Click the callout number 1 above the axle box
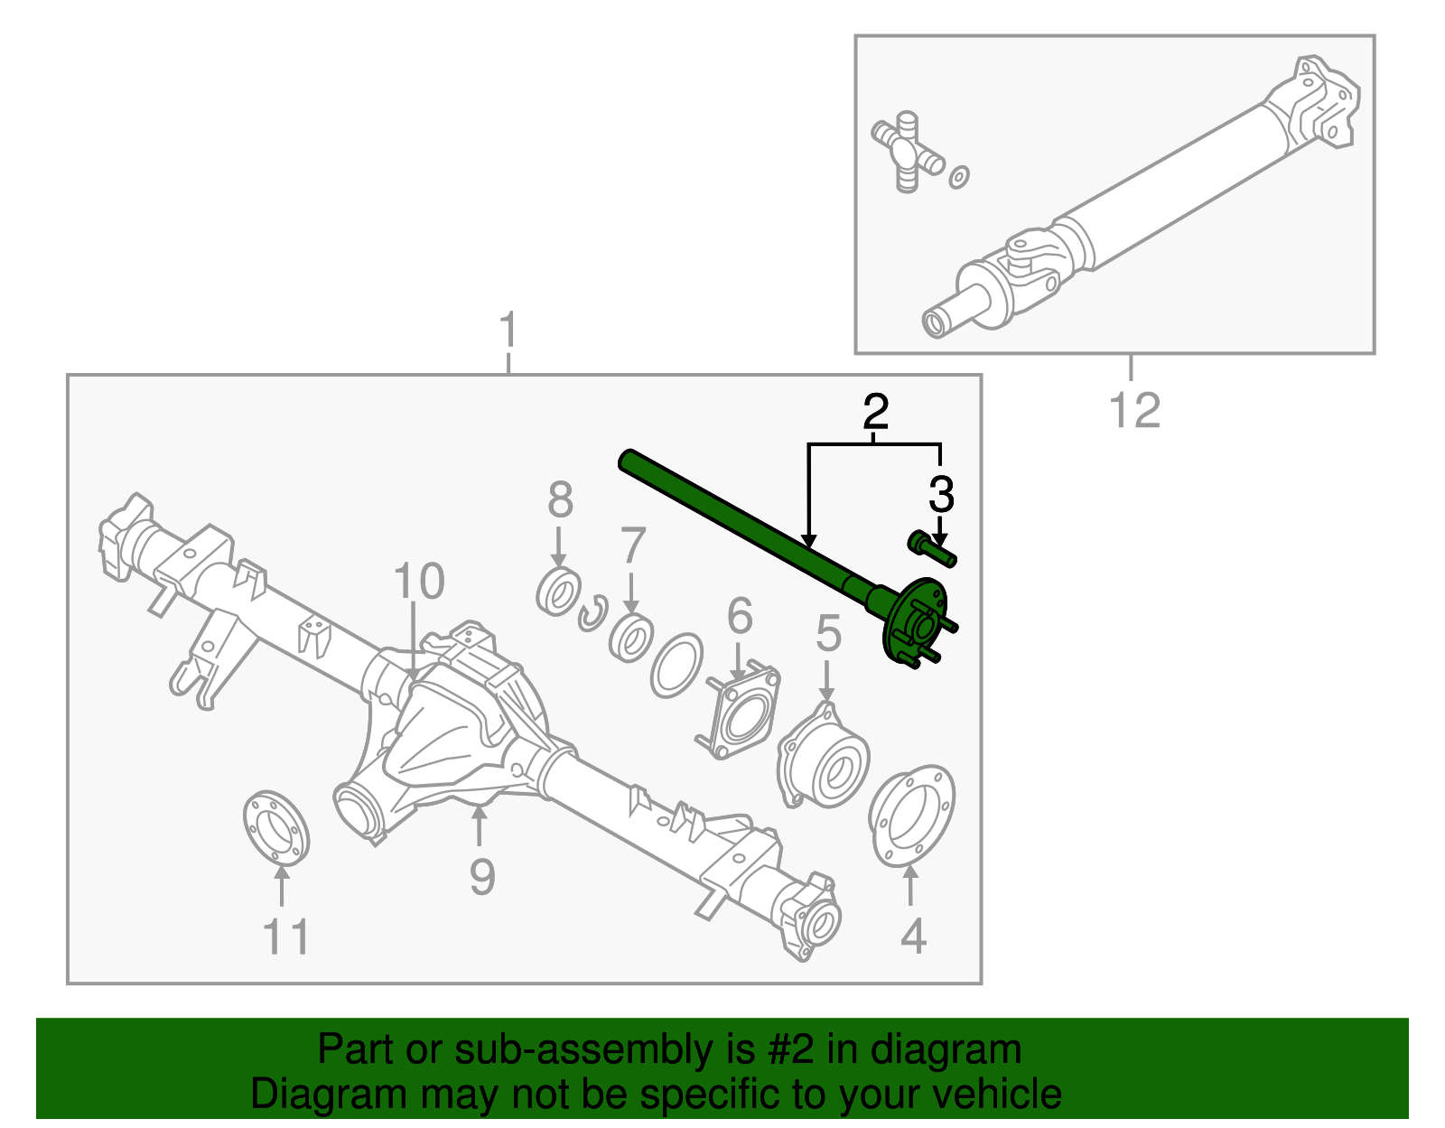508,330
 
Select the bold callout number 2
875,412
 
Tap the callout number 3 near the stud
941,495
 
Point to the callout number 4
913,936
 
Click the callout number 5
828,633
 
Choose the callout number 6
740,615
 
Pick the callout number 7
632,545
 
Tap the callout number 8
560,499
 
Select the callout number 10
419,581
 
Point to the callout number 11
286,937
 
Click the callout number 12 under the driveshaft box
1134,410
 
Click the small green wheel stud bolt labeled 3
932,549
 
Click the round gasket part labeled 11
276,827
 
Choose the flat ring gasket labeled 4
911,816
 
